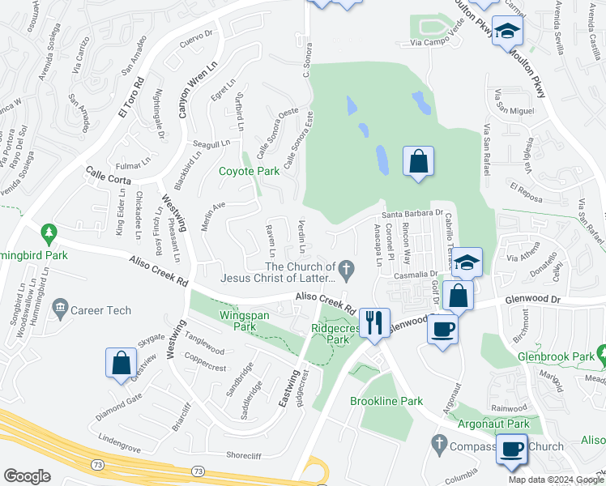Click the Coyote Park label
pos(250,171)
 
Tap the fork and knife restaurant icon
pos(373,322)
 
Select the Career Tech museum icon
pos(60,308)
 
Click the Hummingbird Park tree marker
pos(49,234)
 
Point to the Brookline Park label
pos(386,401)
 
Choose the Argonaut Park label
pos(493,424)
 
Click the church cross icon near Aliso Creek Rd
pos(347,267)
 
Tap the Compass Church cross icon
pos(439,444)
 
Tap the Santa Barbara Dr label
pos(412,214)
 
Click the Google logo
pos(27,476)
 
